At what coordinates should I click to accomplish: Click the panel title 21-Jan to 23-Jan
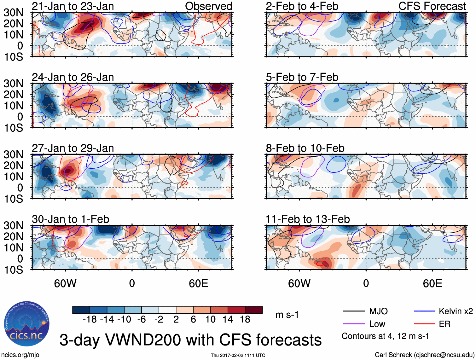point(73,6)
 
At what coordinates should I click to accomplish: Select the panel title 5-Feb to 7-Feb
point(302,77)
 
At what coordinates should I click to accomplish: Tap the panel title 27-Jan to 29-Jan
point(73,148)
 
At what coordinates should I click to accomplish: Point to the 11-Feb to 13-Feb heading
point(308,219)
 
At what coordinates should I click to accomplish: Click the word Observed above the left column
point(209,6)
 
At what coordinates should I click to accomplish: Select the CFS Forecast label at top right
point(432,6)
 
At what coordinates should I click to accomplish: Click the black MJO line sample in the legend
point(354,311)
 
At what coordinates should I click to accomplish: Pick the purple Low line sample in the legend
point(354,324)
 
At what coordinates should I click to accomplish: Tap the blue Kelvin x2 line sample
point(424,311)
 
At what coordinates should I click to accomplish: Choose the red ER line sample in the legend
point(424,324)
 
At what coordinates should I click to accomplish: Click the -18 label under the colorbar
point(90,320)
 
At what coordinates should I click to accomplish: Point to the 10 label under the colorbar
point(210,320)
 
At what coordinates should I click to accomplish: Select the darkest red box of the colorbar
point(254,310)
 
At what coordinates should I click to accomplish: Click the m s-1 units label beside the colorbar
point(287,315)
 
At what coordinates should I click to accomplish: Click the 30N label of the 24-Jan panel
point(14,84)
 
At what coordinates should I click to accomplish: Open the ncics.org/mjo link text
point(20,355)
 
